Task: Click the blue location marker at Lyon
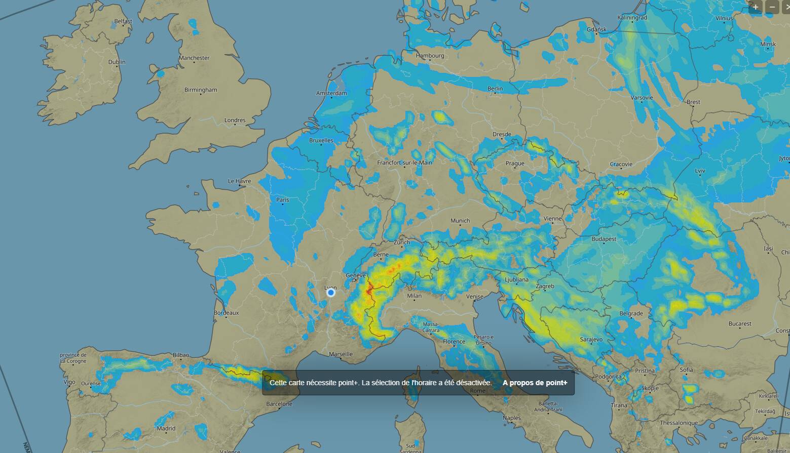click(331, 293)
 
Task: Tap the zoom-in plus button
click(756, 7)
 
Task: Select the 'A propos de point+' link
click(535, 383)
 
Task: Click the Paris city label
click(283, 200)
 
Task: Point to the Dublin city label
click(117, 62)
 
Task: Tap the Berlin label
click(495, 89)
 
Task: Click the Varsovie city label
click(642, 98)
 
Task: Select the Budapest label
click(604, 239)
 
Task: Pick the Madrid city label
click(166, 428)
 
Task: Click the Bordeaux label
click(226, 313)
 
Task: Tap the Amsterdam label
click(331, 93)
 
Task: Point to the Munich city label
click(460, 221)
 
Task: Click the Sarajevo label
click(591, 339)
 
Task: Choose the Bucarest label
click(740, 323)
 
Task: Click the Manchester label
click(194, 58)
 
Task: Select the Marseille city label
click(341, 354)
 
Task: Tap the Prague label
click(514, 163)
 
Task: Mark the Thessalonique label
click(679, 423)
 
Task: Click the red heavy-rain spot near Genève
click(369, 290)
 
